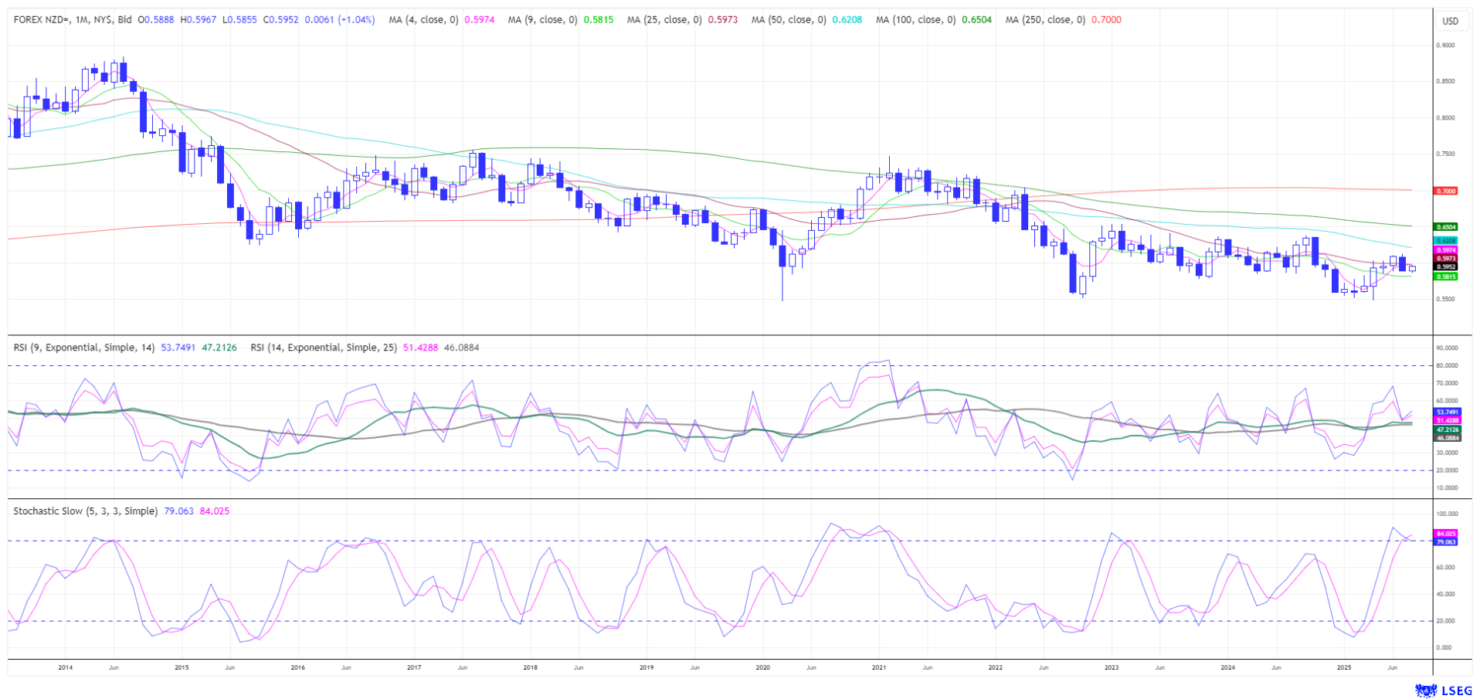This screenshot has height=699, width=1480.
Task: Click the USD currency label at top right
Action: pos(1450,21)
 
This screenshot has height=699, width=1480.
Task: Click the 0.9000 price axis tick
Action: pos(1445,46)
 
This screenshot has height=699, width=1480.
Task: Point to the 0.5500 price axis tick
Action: pos(1445,299)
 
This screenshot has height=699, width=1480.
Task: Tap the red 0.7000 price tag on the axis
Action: pos(1446,191)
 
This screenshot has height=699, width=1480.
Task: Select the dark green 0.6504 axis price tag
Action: pos(1446,227)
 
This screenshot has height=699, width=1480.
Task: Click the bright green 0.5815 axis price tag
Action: pos(1446,277)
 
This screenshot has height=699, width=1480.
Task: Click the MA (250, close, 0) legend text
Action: pos(1045,20)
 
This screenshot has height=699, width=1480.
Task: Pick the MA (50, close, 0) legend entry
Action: pos(789,20)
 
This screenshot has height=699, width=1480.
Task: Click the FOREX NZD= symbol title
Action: pos(45,20)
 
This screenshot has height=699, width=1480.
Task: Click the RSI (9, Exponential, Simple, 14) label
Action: pos(84,348)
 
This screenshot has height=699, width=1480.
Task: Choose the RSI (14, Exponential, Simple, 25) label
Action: pos(324,348)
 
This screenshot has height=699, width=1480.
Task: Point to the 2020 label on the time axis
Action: pos(762,667)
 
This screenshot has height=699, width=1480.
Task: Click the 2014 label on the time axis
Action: pos(65,667)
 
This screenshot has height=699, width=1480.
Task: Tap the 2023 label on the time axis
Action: pos(1111,667)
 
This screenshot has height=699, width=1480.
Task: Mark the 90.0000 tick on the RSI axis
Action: pos(1447,348)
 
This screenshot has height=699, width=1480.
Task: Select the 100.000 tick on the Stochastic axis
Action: pos(1447,514)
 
